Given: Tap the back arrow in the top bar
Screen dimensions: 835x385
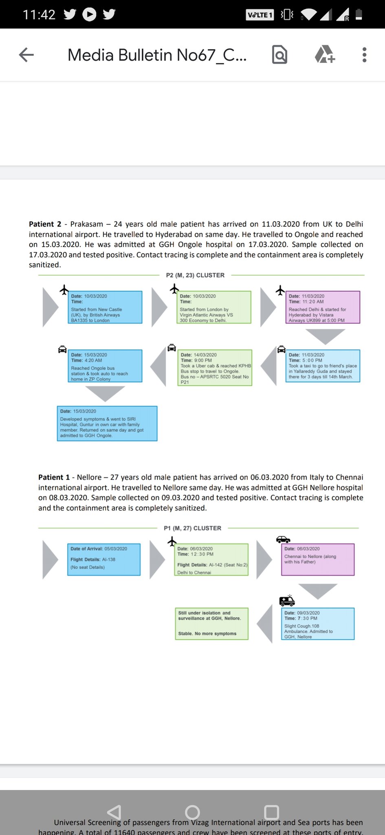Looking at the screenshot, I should coord(26,55).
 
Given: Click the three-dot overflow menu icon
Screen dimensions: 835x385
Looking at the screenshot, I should coord(364,55).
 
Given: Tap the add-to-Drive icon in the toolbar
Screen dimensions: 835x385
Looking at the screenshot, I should coord(325,55).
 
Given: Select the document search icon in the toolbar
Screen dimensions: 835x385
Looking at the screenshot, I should coord(279,55).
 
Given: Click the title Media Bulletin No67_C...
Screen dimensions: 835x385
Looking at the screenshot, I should coord(157,55).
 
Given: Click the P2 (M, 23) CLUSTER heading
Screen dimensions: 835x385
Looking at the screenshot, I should coord(195,275).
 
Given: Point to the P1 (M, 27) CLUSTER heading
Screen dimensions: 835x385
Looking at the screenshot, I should coord(192,528).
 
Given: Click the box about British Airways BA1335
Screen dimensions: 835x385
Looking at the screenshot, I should coord(105,307).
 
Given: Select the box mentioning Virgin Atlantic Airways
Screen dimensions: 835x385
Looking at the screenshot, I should coord(214,307).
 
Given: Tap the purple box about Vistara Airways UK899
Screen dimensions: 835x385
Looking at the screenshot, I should coord(323,307).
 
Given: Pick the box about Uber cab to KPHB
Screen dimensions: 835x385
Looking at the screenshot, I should coord(215,367).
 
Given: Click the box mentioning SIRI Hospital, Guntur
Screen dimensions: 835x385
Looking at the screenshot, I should coord(107,423).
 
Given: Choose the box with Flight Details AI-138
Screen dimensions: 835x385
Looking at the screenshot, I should coord(104,559).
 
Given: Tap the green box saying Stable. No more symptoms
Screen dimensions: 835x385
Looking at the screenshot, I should coord(211,624).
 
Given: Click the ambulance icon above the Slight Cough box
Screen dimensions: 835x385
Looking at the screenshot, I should coord(287,600).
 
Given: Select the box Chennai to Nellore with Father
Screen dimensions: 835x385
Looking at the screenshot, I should coord(317,559).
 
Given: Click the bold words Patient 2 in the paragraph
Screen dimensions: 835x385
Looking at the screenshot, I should coord(45,224).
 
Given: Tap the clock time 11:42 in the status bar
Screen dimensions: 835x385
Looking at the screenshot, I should coord(39,15).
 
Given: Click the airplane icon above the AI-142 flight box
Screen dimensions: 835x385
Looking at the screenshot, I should coord(172,541).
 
